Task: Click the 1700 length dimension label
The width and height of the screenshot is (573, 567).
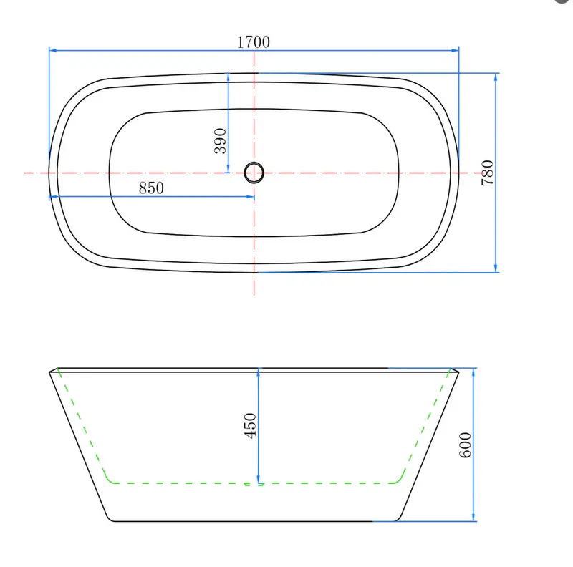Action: pyautogui.click(x=253, y=42)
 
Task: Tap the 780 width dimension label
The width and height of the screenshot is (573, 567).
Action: pyautogui.click(x=487, y=173)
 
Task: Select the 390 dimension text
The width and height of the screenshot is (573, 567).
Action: pyautogui.click(x=221, y=141)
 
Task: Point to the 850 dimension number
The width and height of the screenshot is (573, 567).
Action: pyautogui.click(x=151, y=188)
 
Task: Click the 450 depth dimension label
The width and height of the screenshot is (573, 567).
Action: pyautogui.click(x=250, y=426)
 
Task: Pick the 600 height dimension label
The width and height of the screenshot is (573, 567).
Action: pyautogui.click(x=466, y=445)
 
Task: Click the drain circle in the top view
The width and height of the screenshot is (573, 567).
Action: pyautogui.click(x=254, y=173)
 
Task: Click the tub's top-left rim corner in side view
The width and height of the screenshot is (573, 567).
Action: pyautogui.click(x=49, y=372)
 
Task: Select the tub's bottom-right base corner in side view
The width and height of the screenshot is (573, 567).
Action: pyautogui.click(x=398, y=520)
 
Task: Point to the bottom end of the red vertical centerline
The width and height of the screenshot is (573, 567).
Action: pyautogui.click(x=254, y=294)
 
